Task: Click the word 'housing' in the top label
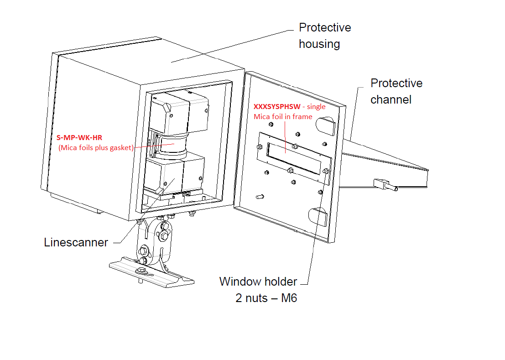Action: pyautogui.click(x=319, y=44)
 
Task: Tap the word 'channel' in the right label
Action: pyautogui.click(x=391, y=99)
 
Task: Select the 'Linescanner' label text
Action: pyautogui.click(x=76, y=242)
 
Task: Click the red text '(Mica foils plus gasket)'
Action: pyautogui.click(x=96, y=147)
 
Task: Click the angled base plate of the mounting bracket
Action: pyautogui.click(x=151, y=274)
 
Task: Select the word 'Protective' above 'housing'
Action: pyautogui.click(x=325, y=27)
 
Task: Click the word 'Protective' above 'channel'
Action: pyautogui.click(x=396, y=83)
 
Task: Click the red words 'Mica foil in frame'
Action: pyautogui.click(x=283, y=116)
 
